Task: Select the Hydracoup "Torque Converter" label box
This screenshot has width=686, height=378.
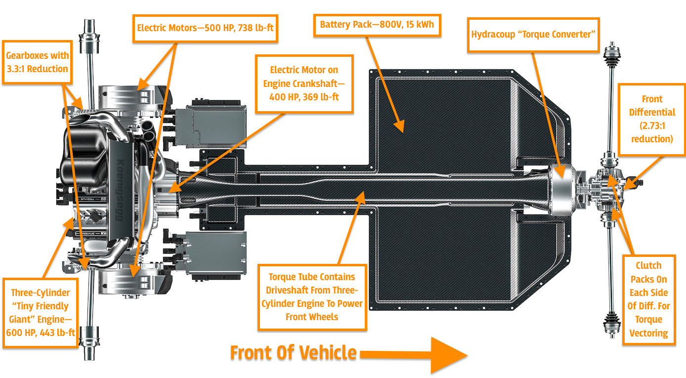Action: (533, 35)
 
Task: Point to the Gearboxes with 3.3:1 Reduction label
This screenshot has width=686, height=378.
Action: (37, 62)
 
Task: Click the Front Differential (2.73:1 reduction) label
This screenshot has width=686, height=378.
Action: (652, 119)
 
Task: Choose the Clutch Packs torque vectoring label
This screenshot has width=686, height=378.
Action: (648, 299)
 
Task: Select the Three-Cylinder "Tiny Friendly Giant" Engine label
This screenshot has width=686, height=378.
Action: (40, 312)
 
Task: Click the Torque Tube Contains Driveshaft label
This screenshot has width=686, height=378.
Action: (312, 296)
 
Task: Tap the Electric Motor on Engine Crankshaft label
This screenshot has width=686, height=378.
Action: (304, 84)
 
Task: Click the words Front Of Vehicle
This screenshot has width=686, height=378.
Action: (293, 353)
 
